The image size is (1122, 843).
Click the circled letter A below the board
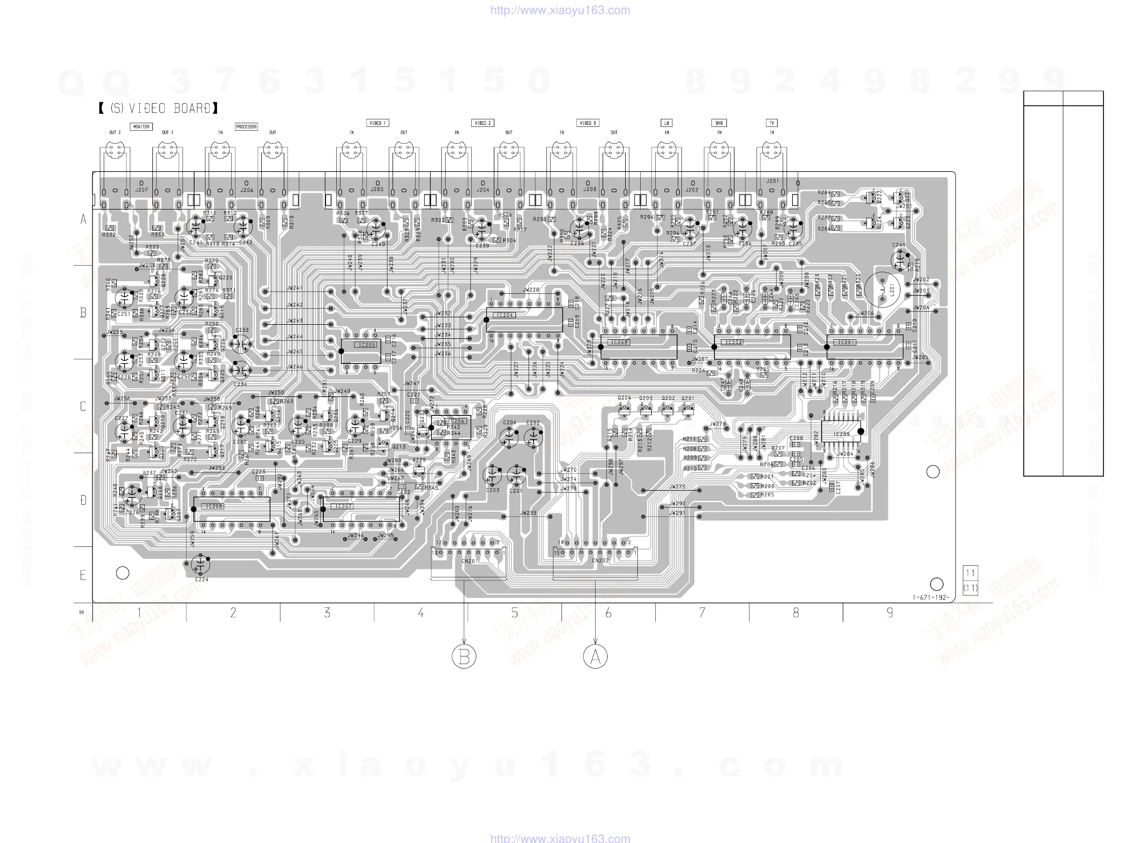tap(595, 657)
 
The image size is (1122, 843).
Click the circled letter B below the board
tap(464, 657)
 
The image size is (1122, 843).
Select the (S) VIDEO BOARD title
tap(159, 108)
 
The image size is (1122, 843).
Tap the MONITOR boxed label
tap(141, 126)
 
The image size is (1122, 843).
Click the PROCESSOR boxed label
tap(247, 126)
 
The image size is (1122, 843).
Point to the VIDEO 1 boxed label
tap(378, 123)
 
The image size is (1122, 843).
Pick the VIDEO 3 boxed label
tap(588, 123)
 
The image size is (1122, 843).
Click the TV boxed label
tap(772, 123)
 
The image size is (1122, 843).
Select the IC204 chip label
tap(504, 315)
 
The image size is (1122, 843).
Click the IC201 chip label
tap(846, 342)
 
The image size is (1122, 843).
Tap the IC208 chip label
tap(215, 506)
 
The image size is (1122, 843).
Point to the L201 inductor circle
tap(882, 290)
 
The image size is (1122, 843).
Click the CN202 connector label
tap(600, 560)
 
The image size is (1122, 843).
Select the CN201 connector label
tap(469, 561)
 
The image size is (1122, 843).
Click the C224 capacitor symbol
tap(201, 564)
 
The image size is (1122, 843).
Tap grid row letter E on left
tap(83, 575)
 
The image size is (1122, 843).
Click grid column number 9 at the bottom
tap(890, 613)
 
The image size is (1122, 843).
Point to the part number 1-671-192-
tap(931, 597)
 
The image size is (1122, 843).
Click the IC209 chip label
tap(841, 434)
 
